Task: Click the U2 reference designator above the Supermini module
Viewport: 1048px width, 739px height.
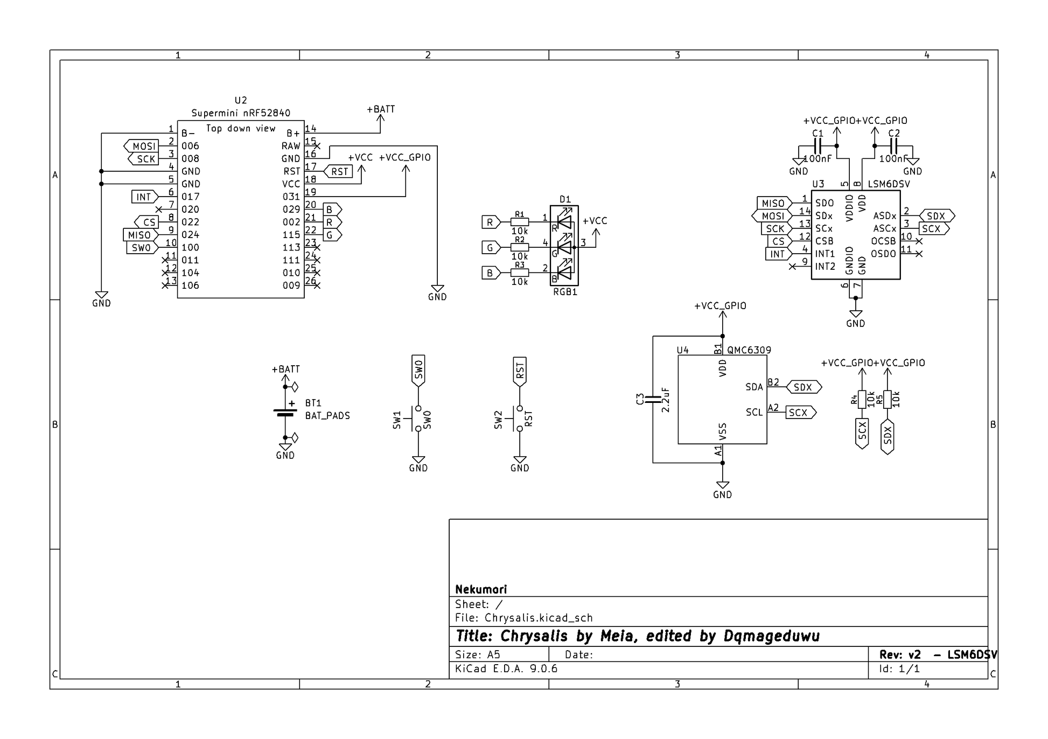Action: coord(241,100)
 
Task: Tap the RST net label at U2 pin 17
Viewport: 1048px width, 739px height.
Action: coord(339,172)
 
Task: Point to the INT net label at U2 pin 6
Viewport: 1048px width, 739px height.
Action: coord(144,197)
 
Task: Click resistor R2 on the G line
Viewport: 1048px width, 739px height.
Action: coord(520,247)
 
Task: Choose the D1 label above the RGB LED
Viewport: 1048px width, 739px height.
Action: coord(565,199)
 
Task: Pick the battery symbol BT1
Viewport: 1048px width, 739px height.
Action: coord(285,413)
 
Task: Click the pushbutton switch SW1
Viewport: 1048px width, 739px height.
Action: coord(418,419)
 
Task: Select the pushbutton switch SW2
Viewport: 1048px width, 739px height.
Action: coord(520,419)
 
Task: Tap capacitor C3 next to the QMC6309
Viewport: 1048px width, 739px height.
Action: coord(653,399)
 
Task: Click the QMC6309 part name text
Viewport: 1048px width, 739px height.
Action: coord(749,350)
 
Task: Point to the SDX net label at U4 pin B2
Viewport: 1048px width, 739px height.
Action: coord(803,387)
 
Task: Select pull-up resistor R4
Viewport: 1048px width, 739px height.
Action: coord(862,399)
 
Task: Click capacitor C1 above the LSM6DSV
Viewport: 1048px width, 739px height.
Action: coord(818,146)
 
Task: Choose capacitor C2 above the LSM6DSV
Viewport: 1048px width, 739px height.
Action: coord(894,146)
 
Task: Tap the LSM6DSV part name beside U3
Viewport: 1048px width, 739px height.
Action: coord(889,184)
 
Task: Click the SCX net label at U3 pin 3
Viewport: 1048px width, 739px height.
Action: coord(932,229)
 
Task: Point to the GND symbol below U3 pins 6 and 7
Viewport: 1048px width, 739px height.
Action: coord(855,315)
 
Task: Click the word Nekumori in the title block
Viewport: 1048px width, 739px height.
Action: coord(481,589)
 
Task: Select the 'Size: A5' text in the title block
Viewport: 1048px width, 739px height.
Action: coord(478,655)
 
